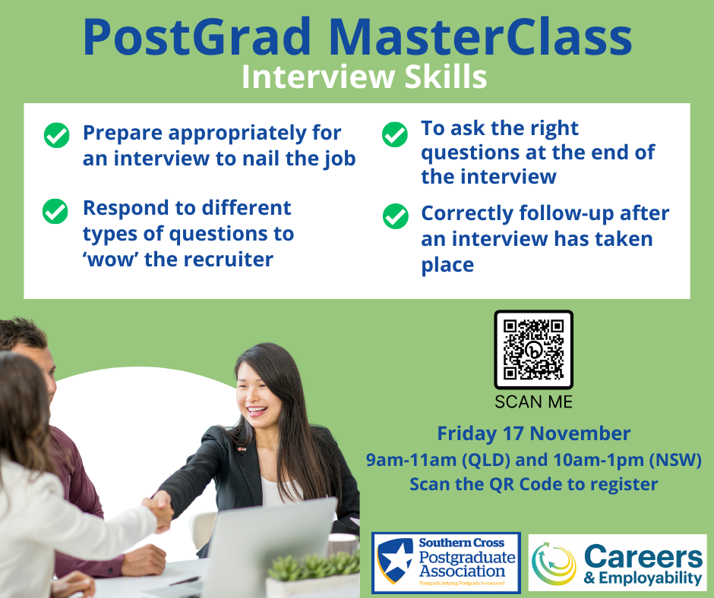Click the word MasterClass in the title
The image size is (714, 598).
[x=479, y=37]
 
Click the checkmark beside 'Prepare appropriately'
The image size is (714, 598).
[x=56, y=135]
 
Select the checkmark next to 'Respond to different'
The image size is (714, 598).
[x=55, y=212]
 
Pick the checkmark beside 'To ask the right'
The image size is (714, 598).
[x=395, y=134]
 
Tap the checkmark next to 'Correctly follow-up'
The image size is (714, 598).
[x=396, y=216]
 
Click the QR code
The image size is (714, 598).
[x=534, y=350]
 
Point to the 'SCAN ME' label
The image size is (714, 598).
[x=534, y=402]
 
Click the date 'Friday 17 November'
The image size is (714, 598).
[x=534, y=434]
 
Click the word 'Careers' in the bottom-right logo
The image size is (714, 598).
[x=643, y=556]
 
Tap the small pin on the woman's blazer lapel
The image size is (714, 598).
[x=242, y=449]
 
